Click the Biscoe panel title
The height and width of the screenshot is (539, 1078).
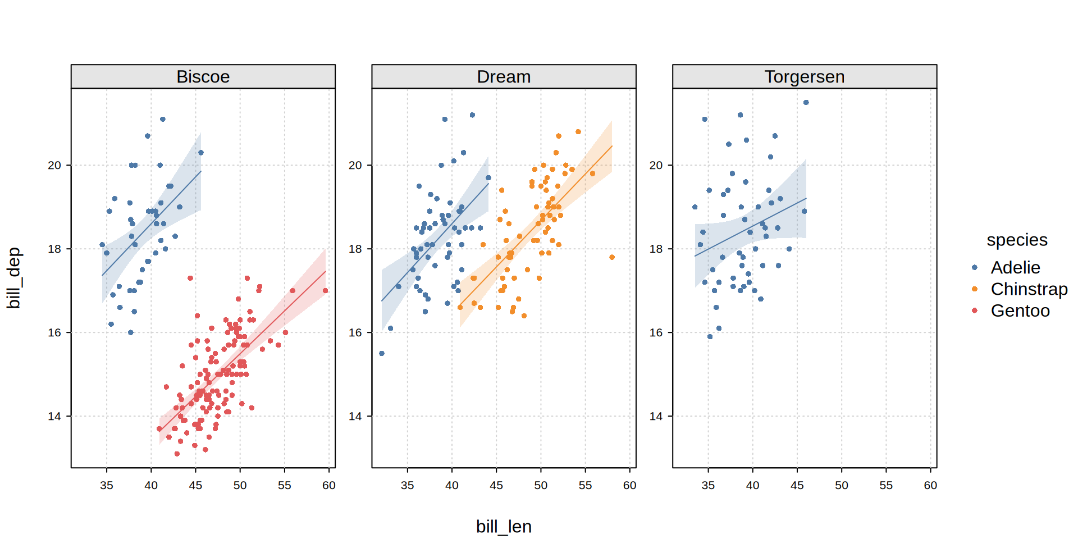203,76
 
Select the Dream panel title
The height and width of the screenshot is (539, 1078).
504,76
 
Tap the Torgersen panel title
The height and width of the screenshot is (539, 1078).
804,76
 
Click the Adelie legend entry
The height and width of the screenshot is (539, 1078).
1015,267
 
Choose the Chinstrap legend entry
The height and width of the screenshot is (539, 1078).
1029,289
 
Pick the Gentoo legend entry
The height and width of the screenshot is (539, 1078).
1020,310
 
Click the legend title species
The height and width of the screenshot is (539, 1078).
1017,240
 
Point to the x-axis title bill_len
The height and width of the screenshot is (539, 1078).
504,526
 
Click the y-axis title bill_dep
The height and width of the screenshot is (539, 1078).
13,278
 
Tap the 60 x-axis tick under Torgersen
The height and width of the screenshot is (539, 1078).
930,485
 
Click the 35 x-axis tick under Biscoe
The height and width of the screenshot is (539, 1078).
107,485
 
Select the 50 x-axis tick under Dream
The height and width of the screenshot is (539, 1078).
541,485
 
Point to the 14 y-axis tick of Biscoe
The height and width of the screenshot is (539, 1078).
54,416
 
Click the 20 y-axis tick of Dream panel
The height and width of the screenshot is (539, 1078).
355,165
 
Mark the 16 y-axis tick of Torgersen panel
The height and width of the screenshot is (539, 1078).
656,332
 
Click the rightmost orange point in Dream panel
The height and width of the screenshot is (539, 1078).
612,257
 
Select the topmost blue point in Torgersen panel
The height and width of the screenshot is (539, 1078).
806,102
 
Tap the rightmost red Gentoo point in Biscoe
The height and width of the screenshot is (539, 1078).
326,290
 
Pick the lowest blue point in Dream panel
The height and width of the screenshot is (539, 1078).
382,353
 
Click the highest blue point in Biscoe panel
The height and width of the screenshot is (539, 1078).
163,119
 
